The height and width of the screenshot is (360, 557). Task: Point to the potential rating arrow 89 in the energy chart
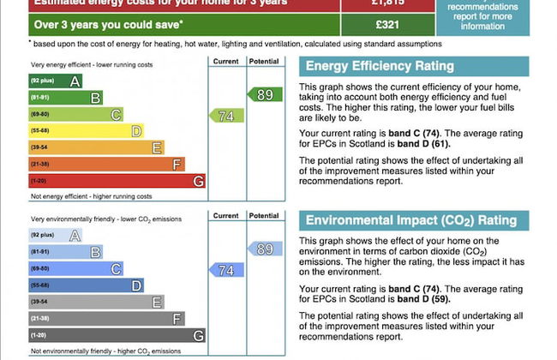pos(264,95)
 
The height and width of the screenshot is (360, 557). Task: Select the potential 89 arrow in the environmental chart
pos(264,249)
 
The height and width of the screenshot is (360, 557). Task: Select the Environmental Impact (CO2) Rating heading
pos(411,221)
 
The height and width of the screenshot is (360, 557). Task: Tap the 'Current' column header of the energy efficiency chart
pos(226,62)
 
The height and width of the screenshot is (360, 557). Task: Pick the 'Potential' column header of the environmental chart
pos(264,216)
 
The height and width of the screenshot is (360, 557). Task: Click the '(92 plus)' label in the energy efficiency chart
pos(42,81)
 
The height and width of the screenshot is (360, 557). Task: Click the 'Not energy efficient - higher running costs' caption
pos(92,196)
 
